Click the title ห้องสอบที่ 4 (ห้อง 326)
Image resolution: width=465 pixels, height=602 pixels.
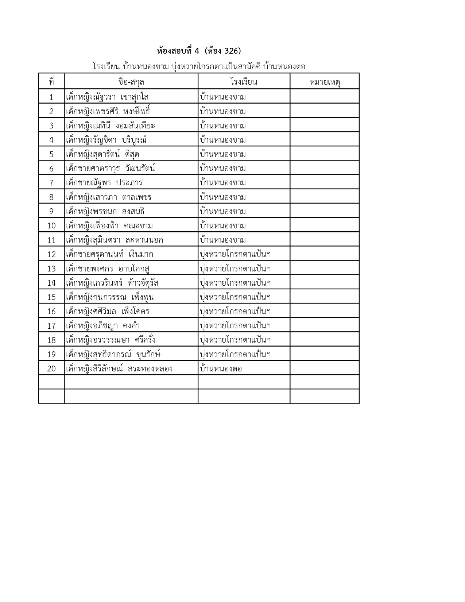coord(199,50)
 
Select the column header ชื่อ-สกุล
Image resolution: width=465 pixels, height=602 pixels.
coord(131,82)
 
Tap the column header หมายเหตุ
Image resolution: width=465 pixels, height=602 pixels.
coord(324,82)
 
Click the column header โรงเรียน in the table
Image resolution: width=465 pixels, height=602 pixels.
coord(244,82)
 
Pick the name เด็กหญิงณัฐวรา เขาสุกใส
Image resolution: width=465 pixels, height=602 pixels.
coord(107,97)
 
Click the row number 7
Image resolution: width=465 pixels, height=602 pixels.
coord(51,183)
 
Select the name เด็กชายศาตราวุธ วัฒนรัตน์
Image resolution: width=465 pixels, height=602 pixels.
coord(111,169)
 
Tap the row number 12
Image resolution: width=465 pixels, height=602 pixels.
coord(51,254)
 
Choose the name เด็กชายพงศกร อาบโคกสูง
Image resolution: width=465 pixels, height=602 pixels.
coord(108,269)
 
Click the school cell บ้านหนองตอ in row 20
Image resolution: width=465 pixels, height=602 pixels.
coord(221,369)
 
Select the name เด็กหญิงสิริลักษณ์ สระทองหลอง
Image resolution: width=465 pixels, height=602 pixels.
coord(119,369)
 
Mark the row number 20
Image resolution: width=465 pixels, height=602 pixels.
coord(51,369)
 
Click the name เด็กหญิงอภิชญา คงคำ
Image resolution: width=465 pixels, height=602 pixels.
coord(103,326)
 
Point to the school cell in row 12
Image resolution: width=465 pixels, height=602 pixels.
coord(235,254)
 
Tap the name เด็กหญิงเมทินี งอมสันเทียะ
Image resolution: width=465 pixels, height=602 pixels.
coord(111,126)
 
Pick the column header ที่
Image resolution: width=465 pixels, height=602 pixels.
coord(51,82)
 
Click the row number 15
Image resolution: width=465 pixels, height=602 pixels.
coord(51,297)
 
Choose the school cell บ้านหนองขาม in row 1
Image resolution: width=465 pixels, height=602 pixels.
coord(223,97)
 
